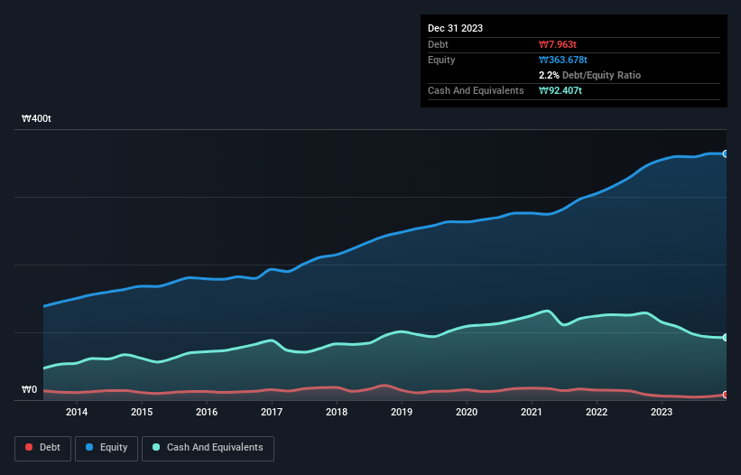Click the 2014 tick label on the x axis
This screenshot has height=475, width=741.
click(77, 412)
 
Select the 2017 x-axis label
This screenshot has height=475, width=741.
click(272, 412)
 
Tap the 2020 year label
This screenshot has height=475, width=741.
click(467, 412)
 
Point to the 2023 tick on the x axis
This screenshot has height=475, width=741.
click(662, 412)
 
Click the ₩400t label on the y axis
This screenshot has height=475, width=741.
click(37, 119)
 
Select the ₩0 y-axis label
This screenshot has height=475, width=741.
click(29, 390)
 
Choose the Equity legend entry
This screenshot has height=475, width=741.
click(106, 447)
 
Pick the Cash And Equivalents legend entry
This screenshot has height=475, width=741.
click(208, 447)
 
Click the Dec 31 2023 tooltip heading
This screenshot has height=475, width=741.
click(456, 28)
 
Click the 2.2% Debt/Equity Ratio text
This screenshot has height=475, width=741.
click(589, 75)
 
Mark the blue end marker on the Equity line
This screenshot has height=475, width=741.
click(726, 154)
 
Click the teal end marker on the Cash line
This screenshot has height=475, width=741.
click(726, 338)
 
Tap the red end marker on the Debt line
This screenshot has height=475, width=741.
click(726, 395)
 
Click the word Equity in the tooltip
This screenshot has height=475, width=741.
click(441, 60)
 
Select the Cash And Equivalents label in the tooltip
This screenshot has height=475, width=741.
click(476, 90)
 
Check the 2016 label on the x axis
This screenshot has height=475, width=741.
click(207, 412)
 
